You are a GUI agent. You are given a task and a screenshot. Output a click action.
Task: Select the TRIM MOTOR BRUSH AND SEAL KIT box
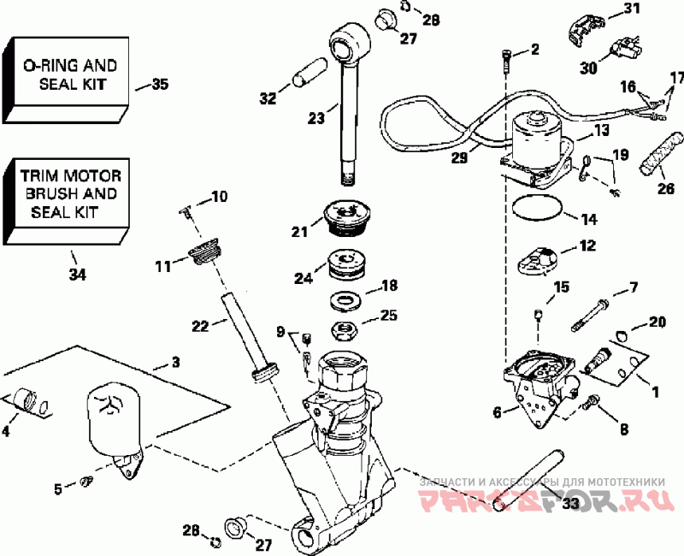tap(67, 201)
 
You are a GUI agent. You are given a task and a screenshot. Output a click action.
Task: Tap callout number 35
tap(160, 84)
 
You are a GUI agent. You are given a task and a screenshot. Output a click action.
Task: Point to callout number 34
tap(78, 275)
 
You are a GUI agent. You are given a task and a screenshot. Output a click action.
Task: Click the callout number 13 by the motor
tap(601, 131)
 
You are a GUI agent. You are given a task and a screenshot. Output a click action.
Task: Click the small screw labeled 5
tap(86, 482)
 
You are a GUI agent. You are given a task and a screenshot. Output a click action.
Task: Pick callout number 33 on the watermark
tap(570, 504)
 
